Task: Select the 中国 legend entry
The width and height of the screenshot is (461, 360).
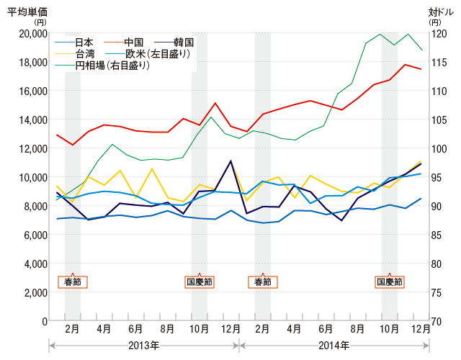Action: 135,42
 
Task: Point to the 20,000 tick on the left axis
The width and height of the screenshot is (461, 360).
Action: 28,34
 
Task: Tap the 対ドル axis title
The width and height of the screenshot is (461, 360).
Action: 441,12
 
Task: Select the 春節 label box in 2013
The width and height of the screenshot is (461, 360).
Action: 72,282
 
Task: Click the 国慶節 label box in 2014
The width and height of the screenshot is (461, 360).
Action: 390,282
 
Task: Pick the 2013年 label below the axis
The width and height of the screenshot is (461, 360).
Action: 143,346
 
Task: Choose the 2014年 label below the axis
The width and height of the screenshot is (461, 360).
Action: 334,346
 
